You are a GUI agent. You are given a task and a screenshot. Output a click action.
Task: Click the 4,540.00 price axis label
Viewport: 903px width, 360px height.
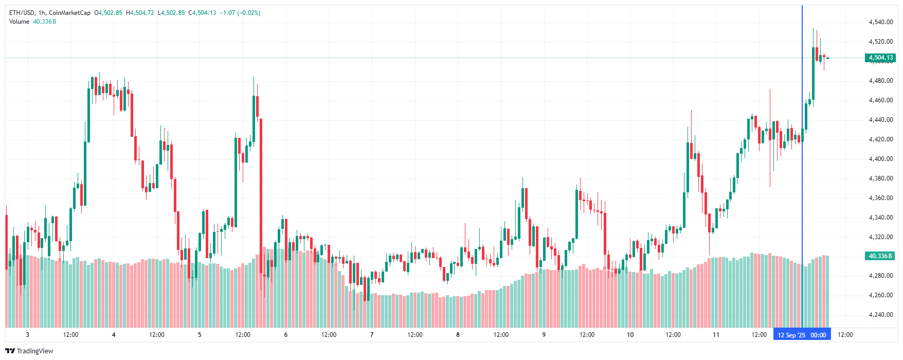(x=880, y=22)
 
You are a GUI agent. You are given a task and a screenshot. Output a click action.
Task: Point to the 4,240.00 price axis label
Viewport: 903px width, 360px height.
(x=880, y=315)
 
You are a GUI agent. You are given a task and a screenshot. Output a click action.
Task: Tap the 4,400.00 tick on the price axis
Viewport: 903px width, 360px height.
(x=880, y=159)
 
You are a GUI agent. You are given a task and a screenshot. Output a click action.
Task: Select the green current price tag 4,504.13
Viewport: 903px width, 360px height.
(x=880, y=58)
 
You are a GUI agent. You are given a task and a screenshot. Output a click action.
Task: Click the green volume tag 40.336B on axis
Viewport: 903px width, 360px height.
(x=880, y=256)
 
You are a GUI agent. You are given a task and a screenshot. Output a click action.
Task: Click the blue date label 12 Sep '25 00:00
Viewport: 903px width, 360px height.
(x=802, y=335)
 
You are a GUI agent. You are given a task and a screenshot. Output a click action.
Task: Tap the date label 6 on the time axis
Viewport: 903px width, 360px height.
(x=286, y=335)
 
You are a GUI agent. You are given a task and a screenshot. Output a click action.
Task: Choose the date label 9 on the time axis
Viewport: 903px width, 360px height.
(x=544, y=335)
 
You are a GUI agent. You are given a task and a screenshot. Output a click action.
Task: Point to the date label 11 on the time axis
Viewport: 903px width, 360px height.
(x=716, y=335)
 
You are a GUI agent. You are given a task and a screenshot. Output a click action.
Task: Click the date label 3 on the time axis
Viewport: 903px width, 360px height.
(x=27, y=335)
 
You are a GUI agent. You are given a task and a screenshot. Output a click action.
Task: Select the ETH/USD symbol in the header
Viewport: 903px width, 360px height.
(x=22, y=13)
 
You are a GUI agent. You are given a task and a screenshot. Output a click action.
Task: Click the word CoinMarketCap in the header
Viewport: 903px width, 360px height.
(x=69, y=13)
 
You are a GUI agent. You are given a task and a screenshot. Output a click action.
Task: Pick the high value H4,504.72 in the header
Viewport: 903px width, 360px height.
(x=140, y=13)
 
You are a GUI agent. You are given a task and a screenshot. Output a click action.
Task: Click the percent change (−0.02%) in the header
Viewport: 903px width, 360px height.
(x=250, y=13)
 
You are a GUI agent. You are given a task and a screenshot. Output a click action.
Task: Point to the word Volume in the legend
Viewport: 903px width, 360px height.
(x=19, y=22)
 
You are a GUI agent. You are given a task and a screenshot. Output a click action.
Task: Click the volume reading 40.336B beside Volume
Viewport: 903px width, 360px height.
(x=44, y=22)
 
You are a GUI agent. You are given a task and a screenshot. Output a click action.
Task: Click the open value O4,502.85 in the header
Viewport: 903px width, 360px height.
(x=108, y=13)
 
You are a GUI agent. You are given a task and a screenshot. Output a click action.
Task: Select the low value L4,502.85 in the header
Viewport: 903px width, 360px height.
(x=171, y=13)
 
